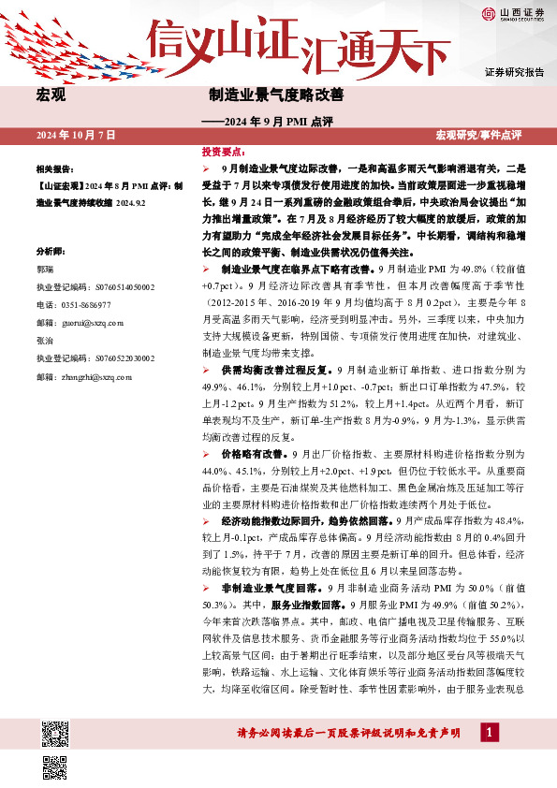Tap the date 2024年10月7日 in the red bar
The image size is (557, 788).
point(77,136)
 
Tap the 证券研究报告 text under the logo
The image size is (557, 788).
point(514,72)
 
